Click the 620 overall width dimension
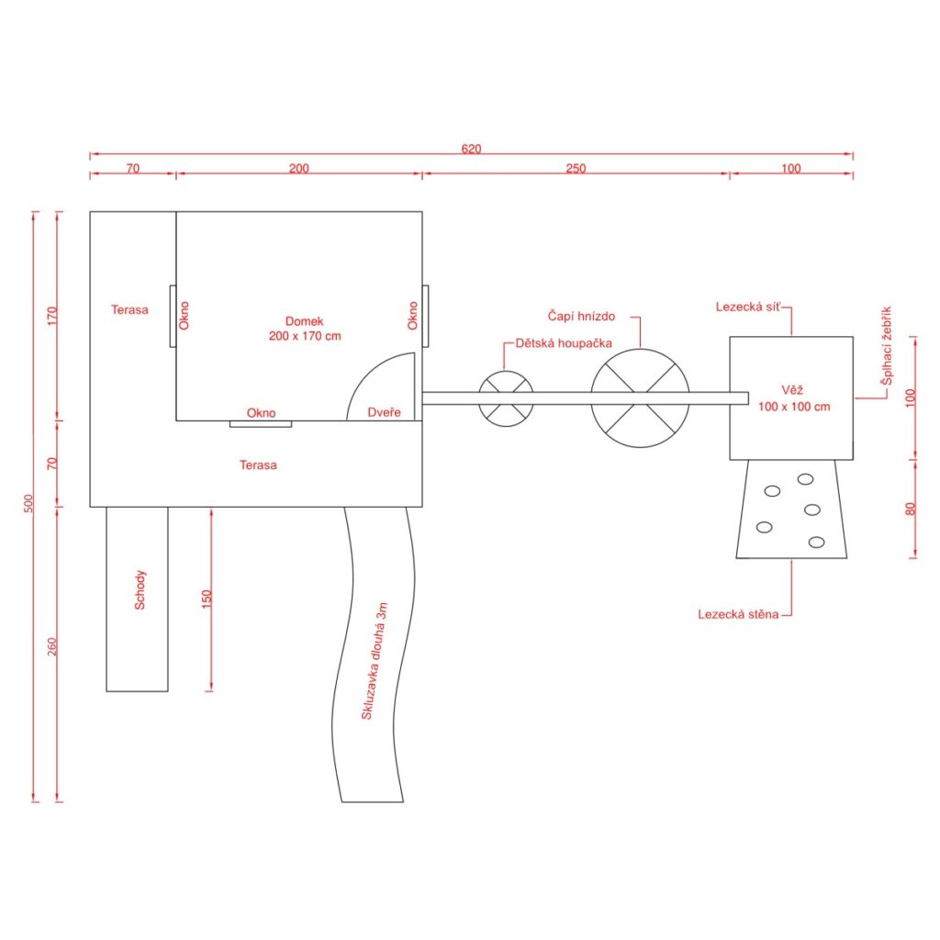pyautogui.click(x=471, y=149)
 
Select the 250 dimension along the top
pyautogui.click(x=576, y=169)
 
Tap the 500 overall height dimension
pyautogui.click(x=28, y=503)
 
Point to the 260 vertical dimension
pyautogui.click(x=52, y=646)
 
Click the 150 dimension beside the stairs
pyautogui.click(x=207, y=599)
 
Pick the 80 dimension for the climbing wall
pyautogui.click(x=911, y=509)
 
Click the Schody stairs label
pyautogui.click(x=140, y=590)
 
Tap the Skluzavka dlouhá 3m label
pyautogui.click(x=375, y=661)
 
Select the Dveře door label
pyautogui.click(x=384, y=412)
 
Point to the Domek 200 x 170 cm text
pyautogui.click(x=305, y=329)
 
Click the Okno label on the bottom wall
pyautogui.click(x=262, y=413)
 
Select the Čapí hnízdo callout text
pyautogui.click(x=581, y=316)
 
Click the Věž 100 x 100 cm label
pyautogui.click(x=794, y=398)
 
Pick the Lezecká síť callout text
pyautogui.click(x=748, y=307)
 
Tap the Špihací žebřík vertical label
pyautogui.click(x=887, y=346)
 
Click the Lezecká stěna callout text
pyautogui.click(x=738, y=614)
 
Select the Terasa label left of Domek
pyautogui.click(x=129, y=310)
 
